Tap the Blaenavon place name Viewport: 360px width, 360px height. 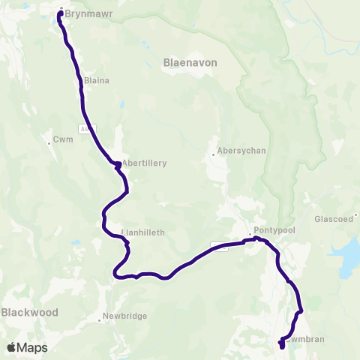[190, 64]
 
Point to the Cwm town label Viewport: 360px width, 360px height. [62, 139]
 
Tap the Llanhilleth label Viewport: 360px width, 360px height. [143, 232]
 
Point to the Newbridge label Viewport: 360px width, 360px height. [124, 316]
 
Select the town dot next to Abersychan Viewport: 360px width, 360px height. [214, 154]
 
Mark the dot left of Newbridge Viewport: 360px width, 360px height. [100, 319]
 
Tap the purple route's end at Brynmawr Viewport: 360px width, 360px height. [60, 11]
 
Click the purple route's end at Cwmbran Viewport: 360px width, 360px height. [281, 346]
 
